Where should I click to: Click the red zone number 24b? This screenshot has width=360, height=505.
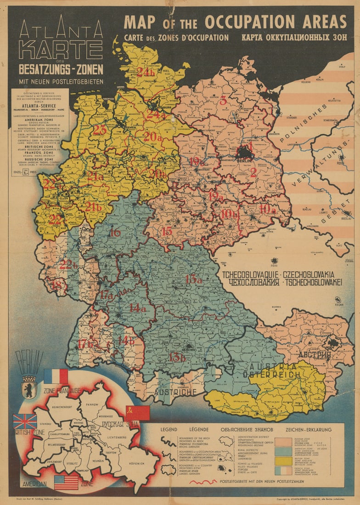tap(145, 72)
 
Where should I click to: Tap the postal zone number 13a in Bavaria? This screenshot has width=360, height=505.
tap(193, 279)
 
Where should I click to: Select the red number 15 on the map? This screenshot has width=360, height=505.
tap(167, 231)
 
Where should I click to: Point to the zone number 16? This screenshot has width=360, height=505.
tap(115, 233)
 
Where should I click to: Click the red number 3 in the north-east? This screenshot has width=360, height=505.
tap(223, 101)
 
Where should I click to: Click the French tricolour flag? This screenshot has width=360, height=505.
tap(56, 376)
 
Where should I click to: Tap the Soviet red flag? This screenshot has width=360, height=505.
tap(137, 413)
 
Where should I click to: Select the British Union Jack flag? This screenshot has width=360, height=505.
tap(25, 421)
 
